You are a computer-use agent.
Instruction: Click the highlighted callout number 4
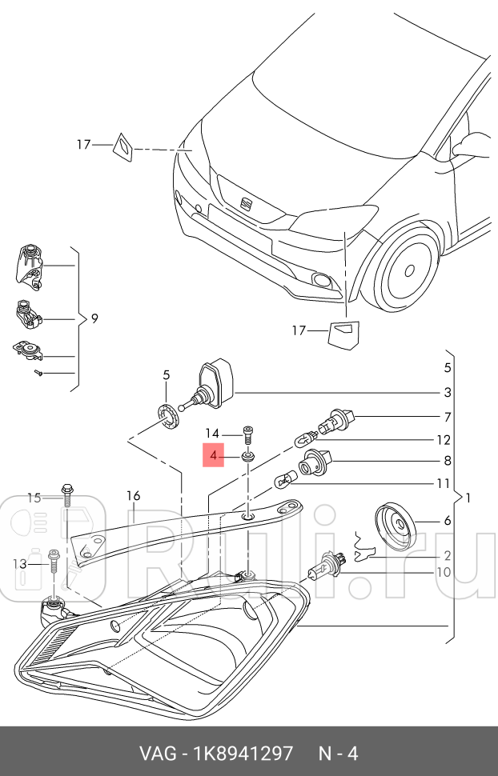(x=213, y=457)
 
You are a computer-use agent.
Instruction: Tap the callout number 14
(x=211, y=433)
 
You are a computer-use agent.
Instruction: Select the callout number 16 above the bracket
(x=133, y=496)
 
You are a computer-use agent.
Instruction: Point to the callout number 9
(x=94, y=318)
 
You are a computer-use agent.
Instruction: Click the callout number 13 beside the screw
(x=20, y=564)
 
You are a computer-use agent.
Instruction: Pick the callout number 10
(x=443, y=572)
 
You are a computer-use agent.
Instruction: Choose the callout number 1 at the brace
(x=468, y=498)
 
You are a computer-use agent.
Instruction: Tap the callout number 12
(x=443, y=440)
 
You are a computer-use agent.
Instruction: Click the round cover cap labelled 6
(x=396, y=526)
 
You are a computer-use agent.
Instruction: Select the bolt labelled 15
(x=66, y=493)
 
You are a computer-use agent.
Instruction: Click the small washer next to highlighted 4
(x=248, y=458)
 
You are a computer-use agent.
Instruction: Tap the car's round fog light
(x=323, y=279)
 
